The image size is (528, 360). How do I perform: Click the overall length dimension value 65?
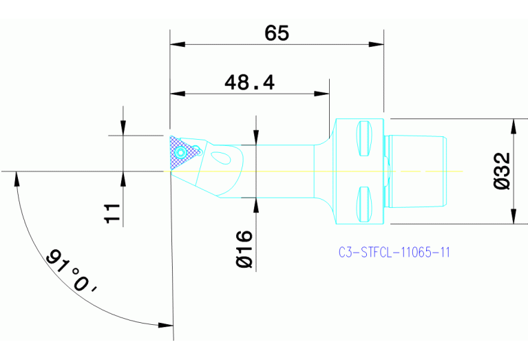pyautogui.click(x=277, y=32)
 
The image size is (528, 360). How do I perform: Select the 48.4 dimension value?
pyautogui.click(x=249, y=83)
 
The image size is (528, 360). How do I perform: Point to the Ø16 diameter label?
pyautogui.click(x=244, y=249)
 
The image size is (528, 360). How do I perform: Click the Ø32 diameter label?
pyautogui.click(x=502, y=171)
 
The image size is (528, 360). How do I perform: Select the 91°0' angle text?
pyautogui.click(x=72, y=273)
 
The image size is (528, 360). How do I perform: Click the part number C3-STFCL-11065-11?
pyautogui.click(x=394, y=253)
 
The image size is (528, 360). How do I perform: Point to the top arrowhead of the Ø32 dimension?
pyautogui.click(x=512, y=125)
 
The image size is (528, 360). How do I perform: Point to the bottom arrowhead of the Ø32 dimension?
pyautogui.click(x=512, y=217)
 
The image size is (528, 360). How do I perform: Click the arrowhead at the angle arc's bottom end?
pyautogui.click(x=165, y=325)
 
